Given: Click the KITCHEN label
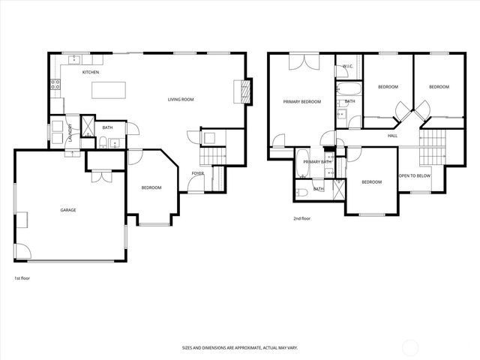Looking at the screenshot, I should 91,72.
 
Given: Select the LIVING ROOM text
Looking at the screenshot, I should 181,99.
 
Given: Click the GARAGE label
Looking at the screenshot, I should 68,211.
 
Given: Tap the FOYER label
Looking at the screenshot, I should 197,173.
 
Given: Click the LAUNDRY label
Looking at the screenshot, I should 69,133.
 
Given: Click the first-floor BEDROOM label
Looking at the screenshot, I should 151,187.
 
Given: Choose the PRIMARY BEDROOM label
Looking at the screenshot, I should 301,101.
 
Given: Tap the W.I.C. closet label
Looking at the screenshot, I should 348,66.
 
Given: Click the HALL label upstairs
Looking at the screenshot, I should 392,136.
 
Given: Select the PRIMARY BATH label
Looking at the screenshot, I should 317,161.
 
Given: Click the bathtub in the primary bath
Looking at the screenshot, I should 301,164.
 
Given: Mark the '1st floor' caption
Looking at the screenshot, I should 22,277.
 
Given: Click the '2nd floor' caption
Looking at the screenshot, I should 301,218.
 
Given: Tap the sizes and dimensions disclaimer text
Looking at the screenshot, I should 239,348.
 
